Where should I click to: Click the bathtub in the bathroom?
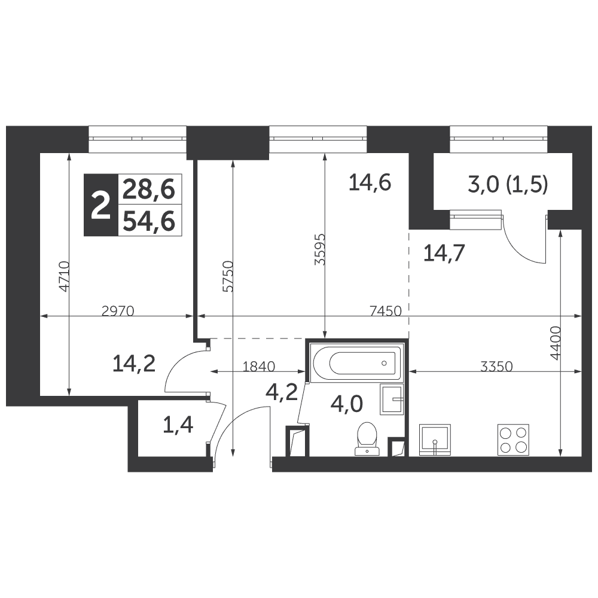coord(356,363)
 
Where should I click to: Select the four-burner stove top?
coord(513,440)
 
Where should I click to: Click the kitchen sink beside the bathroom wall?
coord(434,440)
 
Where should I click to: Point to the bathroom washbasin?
coord(391,399)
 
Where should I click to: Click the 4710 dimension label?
coord(64,276)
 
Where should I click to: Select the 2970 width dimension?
coord(118,312)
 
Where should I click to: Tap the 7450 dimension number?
coord(386,312)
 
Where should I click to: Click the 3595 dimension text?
coord(319,249)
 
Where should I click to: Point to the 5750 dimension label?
coord(228,276)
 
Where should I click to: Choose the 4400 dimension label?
coord(556,343)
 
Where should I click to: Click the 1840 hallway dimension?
coord(259,367)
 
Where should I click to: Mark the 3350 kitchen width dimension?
coord(496,367)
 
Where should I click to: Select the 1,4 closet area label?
coord(178,425)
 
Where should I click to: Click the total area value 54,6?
coord(149,221)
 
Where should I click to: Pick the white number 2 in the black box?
coord(100,205)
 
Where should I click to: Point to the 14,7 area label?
coord(444,253)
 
